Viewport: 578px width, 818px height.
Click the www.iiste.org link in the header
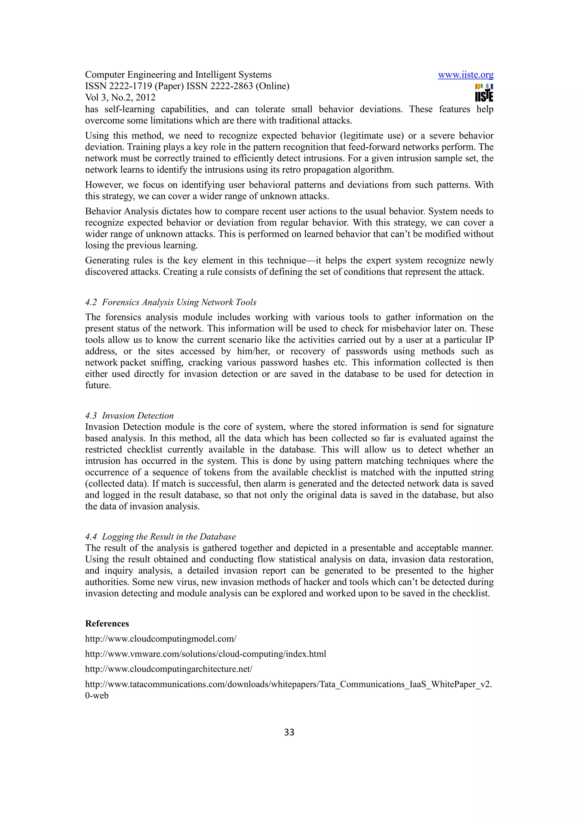coord(465,75)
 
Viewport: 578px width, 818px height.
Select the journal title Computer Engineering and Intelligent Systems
coord(178,75)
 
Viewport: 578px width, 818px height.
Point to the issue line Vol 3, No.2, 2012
coord(121,98)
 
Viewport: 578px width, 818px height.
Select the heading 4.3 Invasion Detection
coord(129,415)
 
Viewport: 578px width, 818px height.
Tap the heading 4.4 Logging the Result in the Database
coord(160,537)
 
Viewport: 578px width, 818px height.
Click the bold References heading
coord(107,624)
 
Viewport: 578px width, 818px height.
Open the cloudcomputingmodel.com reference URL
coord(161,639)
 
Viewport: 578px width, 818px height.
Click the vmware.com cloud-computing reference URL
coord(205,654)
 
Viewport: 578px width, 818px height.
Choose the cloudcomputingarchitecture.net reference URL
coord(168,669)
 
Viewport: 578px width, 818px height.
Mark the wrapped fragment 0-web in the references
coord(97,695)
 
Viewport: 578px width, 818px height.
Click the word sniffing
coord(166,363)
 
